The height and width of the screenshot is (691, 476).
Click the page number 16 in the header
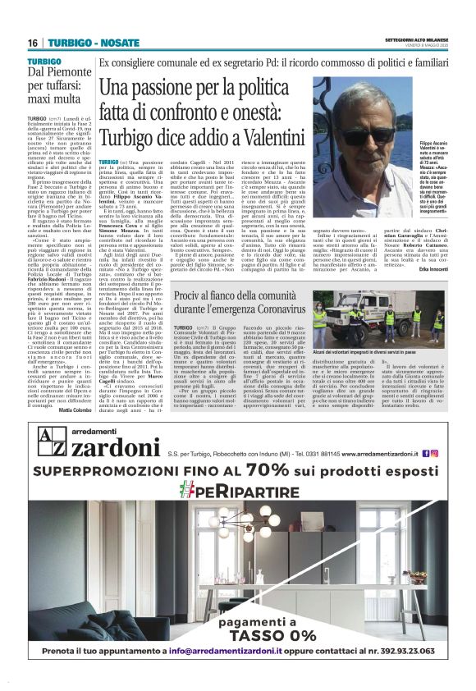pyautogui.click(x=32, y=43)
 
